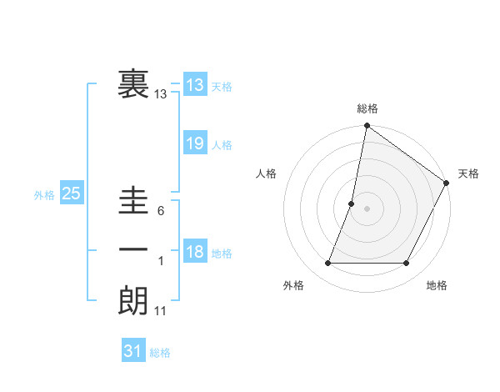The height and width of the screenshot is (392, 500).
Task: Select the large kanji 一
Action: [133, 250]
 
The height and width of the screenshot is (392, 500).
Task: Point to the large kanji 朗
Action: [133, 301]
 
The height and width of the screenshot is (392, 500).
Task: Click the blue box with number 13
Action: [194, 85]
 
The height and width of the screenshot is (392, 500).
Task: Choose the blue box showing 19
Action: [194, 143]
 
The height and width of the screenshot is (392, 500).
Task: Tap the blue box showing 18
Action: [194, 252]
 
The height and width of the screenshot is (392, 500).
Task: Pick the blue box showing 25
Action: [71, 194]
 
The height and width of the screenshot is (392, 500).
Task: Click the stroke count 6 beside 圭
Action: [160, 211]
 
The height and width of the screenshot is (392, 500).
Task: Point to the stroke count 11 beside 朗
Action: [161, 311]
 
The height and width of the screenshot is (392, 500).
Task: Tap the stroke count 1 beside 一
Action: [161, 261]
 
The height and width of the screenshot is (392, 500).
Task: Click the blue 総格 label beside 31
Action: [160, 353]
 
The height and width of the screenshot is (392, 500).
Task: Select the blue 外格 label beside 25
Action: [44, 195]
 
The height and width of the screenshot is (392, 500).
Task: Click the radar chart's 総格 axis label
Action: [367, 108]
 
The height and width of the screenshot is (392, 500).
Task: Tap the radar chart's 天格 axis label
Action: [468, 173]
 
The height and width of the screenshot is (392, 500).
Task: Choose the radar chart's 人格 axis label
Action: [267, 173]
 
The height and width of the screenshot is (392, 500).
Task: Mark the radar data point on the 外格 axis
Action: [327, 264]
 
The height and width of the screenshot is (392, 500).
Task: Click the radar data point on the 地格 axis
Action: [407, 264]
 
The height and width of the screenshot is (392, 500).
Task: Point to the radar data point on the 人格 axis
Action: [352, 204]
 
